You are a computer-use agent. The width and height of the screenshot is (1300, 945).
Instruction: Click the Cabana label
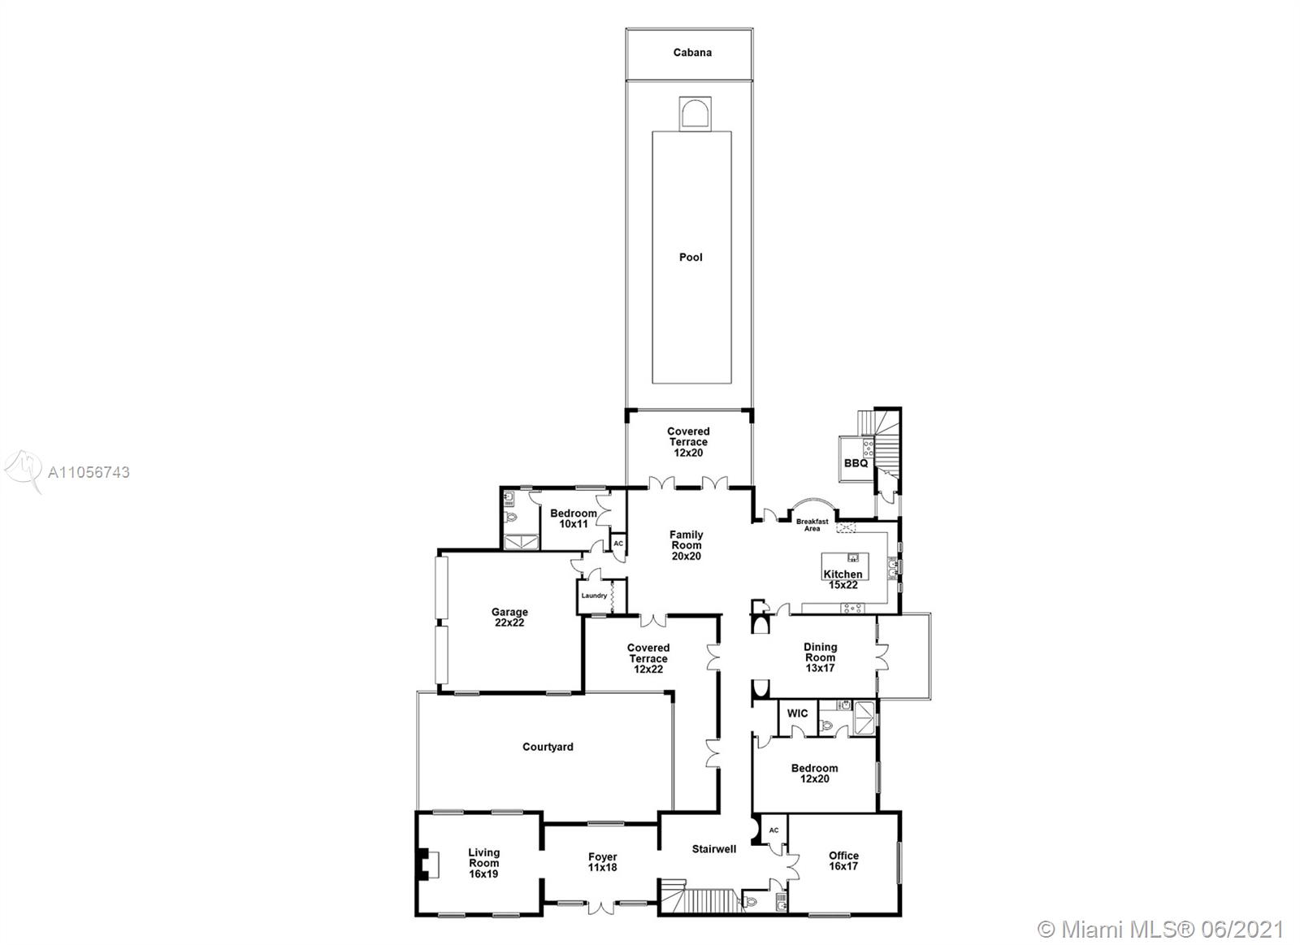pos(691,52)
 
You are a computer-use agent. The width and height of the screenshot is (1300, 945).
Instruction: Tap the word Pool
pos(691,257)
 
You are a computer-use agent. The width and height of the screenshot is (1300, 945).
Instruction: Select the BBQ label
pos(856,464)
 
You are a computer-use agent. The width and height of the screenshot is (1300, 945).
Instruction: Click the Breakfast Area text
pos(812,525)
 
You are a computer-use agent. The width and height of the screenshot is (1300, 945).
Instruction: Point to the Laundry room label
pos(594,596)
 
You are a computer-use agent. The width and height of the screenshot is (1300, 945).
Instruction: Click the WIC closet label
pos(797,713)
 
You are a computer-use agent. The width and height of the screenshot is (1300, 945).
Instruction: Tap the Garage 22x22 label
pos(509,617)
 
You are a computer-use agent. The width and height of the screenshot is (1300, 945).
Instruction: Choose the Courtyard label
pos(548,747)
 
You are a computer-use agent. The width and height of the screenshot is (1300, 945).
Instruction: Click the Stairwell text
pos(714,849)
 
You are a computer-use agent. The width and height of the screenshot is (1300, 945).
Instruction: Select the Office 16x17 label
pos(843,860)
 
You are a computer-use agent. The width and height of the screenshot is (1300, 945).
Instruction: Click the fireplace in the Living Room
pos(427,865)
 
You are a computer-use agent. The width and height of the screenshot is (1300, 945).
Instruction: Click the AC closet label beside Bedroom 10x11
pos(618,544)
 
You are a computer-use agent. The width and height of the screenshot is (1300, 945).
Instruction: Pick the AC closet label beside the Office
pos(773,830)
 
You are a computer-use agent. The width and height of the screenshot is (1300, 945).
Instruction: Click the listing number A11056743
pos(89,473)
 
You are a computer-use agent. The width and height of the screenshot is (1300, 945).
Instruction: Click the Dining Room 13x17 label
pos(820,657)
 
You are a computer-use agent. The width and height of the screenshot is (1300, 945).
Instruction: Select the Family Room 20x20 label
pos(686,545)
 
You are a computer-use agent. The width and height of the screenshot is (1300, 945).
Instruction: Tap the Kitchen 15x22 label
pos(843,579)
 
